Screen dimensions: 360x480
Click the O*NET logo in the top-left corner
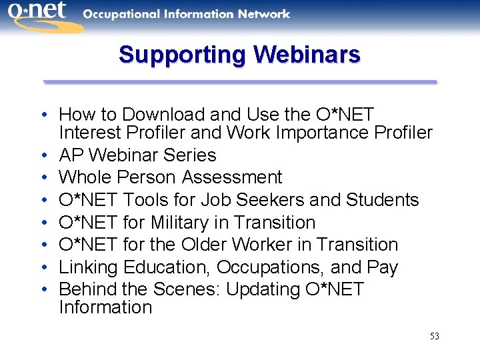[x=41, y=16]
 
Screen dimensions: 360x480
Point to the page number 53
[x=434, y=336]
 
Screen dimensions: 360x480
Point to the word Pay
[x=383, y=267]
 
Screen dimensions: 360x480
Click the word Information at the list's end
[x=105, y=307]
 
